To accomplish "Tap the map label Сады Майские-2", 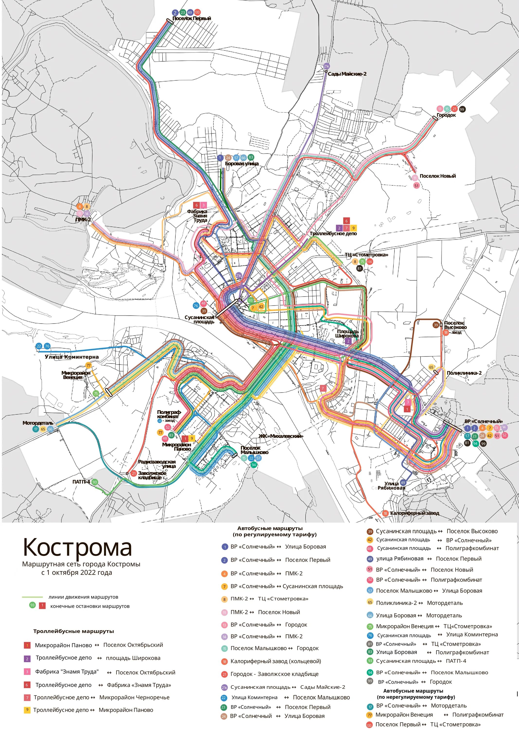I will (x=347, y=74).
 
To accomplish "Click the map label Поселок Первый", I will (x=191, y=18).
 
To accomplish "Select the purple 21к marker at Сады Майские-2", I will (x=326, y=66).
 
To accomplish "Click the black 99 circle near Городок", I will (x=462, y=109).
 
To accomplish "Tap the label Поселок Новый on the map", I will (x=438, y=176).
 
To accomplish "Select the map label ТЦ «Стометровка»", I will (x=366, y=255).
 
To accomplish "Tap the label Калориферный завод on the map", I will (x=414, y=513).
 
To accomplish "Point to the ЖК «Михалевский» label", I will (x=281, y=436).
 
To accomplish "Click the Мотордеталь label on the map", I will (x=38, y=423).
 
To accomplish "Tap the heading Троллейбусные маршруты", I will (x=73, y=631).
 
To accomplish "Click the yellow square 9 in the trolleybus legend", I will (x=27, y=710).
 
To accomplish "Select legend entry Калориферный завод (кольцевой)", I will (x=276, y=661).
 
